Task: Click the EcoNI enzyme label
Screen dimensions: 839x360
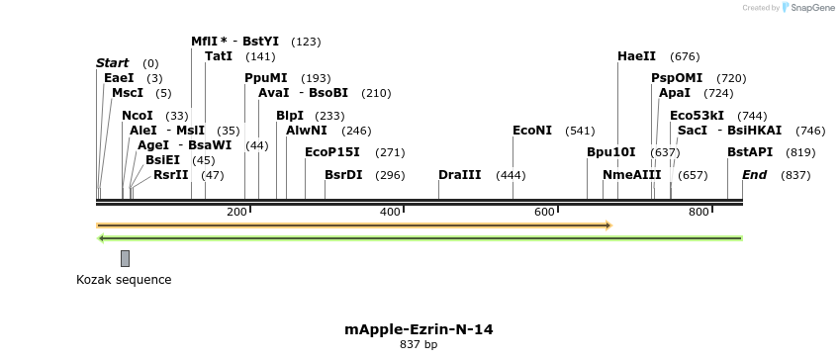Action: click(532, 131)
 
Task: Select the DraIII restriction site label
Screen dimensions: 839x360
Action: click(460, 175)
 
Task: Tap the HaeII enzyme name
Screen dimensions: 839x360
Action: click(636, 56)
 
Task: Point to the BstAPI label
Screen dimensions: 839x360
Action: click(750, 152)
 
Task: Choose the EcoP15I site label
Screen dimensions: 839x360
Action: click(331, 152)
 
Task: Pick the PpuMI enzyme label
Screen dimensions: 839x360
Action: click(266, 78)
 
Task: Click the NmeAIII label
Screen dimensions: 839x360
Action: click(631, 175)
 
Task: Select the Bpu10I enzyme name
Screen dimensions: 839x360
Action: click(610, 152)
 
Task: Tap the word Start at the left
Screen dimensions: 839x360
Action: click(112, 63)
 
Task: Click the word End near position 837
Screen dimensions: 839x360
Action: click(754, 175)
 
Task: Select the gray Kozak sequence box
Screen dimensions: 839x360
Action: click(125, 258)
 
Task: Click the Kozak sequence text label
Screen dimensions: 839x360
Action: click(124, 280)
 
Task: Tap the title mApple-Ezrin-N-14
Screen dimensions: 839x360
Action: click(419, 328)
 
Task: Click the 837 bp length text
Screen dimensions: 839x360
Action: click(419, 344)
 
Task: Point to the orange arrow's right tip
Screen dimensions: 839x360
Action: click(609, 225)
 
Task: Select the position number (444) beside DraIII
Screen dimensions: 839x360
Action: click(511, 175)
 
